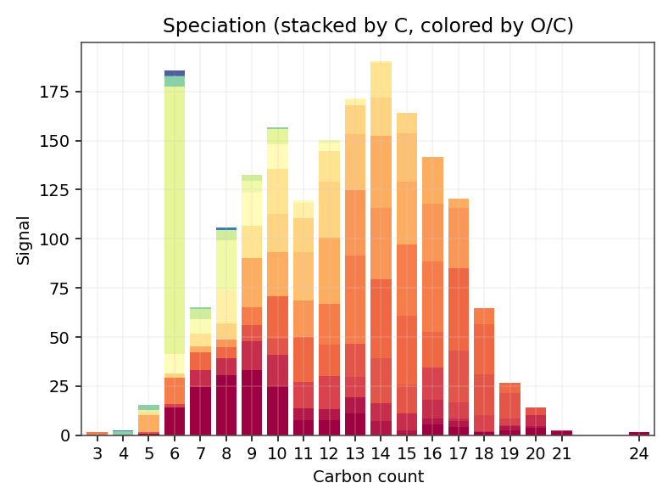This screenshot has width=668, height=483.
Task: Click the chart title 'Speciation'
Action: tap(368, 26)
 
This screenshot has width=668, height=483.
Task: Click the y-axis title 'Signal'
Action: tap(24, 239)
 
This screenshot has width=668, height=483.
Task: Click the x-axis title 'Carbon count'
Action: tap(368, 476)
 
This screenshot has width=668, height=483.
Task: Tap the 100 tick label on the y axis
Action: tap(61, 239)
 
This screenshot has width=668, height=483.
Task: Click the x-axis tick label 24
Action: tap(639, 453)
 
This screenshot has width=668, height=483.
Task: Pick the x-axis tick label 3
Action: tap(97, 453)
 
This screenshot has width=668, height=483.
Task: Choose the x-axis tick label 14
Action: tap(381, 453)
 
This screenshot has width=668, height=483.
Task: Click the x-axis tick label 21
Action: tap(561, 453)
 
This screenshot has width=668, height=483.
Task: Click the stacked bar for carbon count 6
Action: tap(175, 255)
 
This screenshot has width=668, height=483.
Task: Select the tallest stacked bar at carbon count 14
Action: tap(381, 255)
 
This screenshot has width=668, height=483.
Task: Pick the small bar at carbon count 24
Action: tap(639, 434)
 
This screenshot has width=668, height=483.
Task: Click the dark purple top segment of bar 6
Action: tap(175, 73)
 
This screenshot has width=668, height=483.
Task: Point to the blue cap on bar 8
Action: tap(226, 228)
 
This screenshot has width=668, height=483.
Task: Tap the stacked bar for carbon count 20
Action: tap(536, 422)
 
